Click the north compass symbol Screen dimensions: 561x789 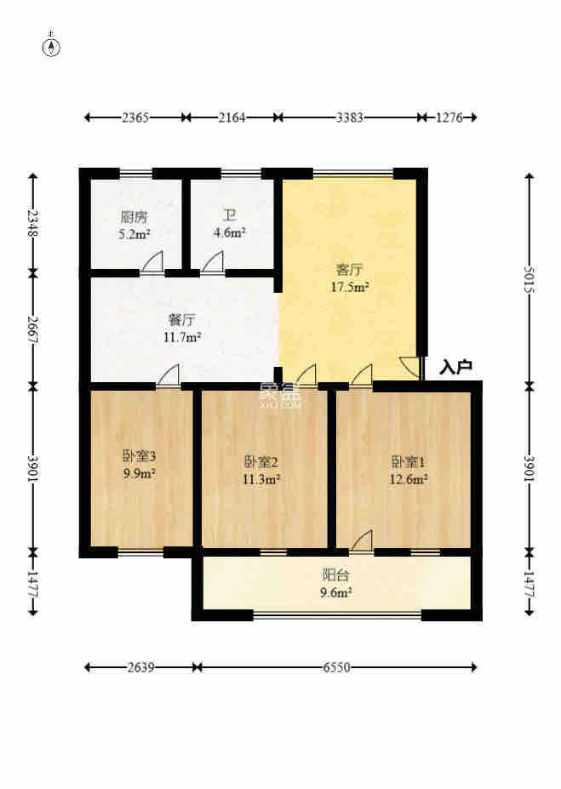coord(51,47)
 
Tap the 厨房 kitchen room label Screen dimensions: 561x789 coord(135,217)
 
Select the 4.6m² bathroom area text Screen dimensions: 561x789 coord(229,232)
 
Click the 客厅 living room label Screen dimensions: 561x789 coord(349,270)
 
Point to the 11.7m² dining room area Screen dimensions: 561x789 coord(182,337)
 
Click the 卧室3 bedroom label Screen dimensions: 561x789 coord(140,456)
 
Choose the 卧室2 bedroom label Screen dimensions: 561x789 coord(260,461)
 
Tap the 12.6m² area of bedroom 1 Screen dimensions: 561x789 coord(409,479)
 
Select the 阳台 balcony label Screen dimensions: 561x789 coord(335,575)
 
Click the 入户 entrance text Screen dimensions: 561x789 coord(455,367)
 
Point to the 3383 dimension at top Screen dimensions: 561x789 coord(349,117)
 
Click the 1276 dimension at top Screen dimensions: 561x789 coord(449,117)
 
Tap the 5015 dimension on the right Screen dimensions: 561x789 coord(529,280)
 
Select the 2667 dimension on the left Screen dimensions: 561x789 coord(33,329)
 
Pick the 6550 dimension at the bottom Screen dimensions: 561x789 coord(336,668)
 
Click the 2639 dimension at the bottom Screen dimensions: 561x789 coord(140,668)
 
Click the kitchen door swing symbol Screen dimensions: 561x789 coord(152,263)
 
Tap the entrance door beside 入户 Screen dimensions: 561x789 coord(411,368)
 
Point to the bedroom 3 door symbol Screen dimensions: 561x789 coord(168,375)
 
